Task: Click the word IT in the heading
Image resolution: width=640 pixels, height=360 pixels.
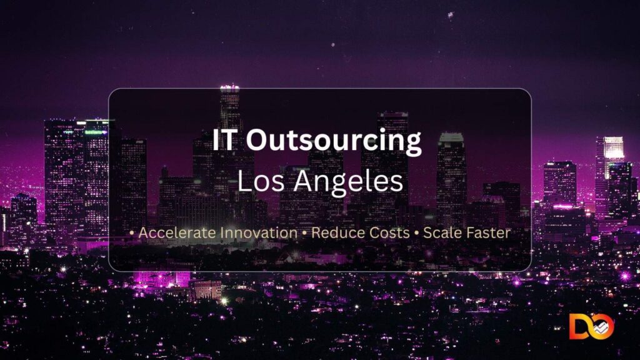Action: point(225,140)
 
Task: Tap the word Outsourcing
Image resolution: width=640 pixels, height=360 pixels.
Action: point(334,140)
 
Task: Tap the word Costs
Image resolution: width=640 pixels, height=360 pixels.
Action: point(388,233)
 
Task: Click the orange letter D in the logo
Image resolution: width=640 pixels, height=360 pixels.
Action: point(578,326)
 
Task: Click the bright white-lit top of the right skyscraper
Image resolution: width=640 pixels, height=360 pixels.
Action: point(609,147)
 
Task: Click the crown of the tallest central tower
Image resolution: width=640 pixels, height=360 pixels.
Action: point(229,94)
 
